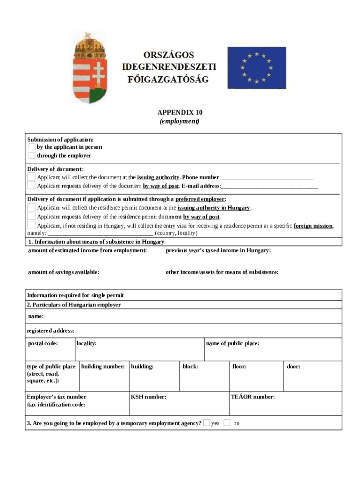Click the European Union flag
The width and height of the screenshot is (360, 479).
[256, 67]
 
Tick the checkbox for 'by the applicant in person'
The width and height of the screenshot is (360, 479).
[32, 147]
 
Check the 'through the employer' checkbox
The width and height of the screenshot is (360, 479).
[32, 155]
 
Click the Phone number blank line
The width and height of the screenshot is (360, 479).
[267, 178]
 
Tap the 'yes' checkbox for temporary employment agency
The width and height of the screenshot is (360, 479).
[207, 423]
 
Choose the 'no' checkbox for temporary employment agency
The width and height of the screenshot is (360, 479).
[227, 423]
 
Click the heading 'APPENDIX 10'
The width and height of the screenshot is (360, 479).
[180, 113]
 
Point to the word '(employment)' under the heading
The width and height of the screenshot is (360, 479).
[180, 122]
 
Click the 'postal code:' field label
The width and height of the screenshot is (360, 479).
[43, 344]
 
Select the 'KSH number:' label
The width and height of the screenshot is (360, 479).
[149, 397]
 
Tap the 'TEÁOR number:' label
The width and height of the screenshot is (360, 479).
[253, 397]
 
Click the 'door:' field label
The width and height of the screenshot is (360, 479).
[294, 367]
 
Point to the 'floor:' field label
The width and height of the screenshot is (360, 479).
[239, 367]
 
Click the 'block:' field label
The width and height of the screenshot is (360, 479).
[190, 367]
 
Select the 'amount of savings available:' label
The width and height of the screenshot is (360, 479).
[64, 272]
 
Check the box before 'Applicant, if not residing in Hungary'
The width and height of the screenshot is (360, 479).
[31, 225]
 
